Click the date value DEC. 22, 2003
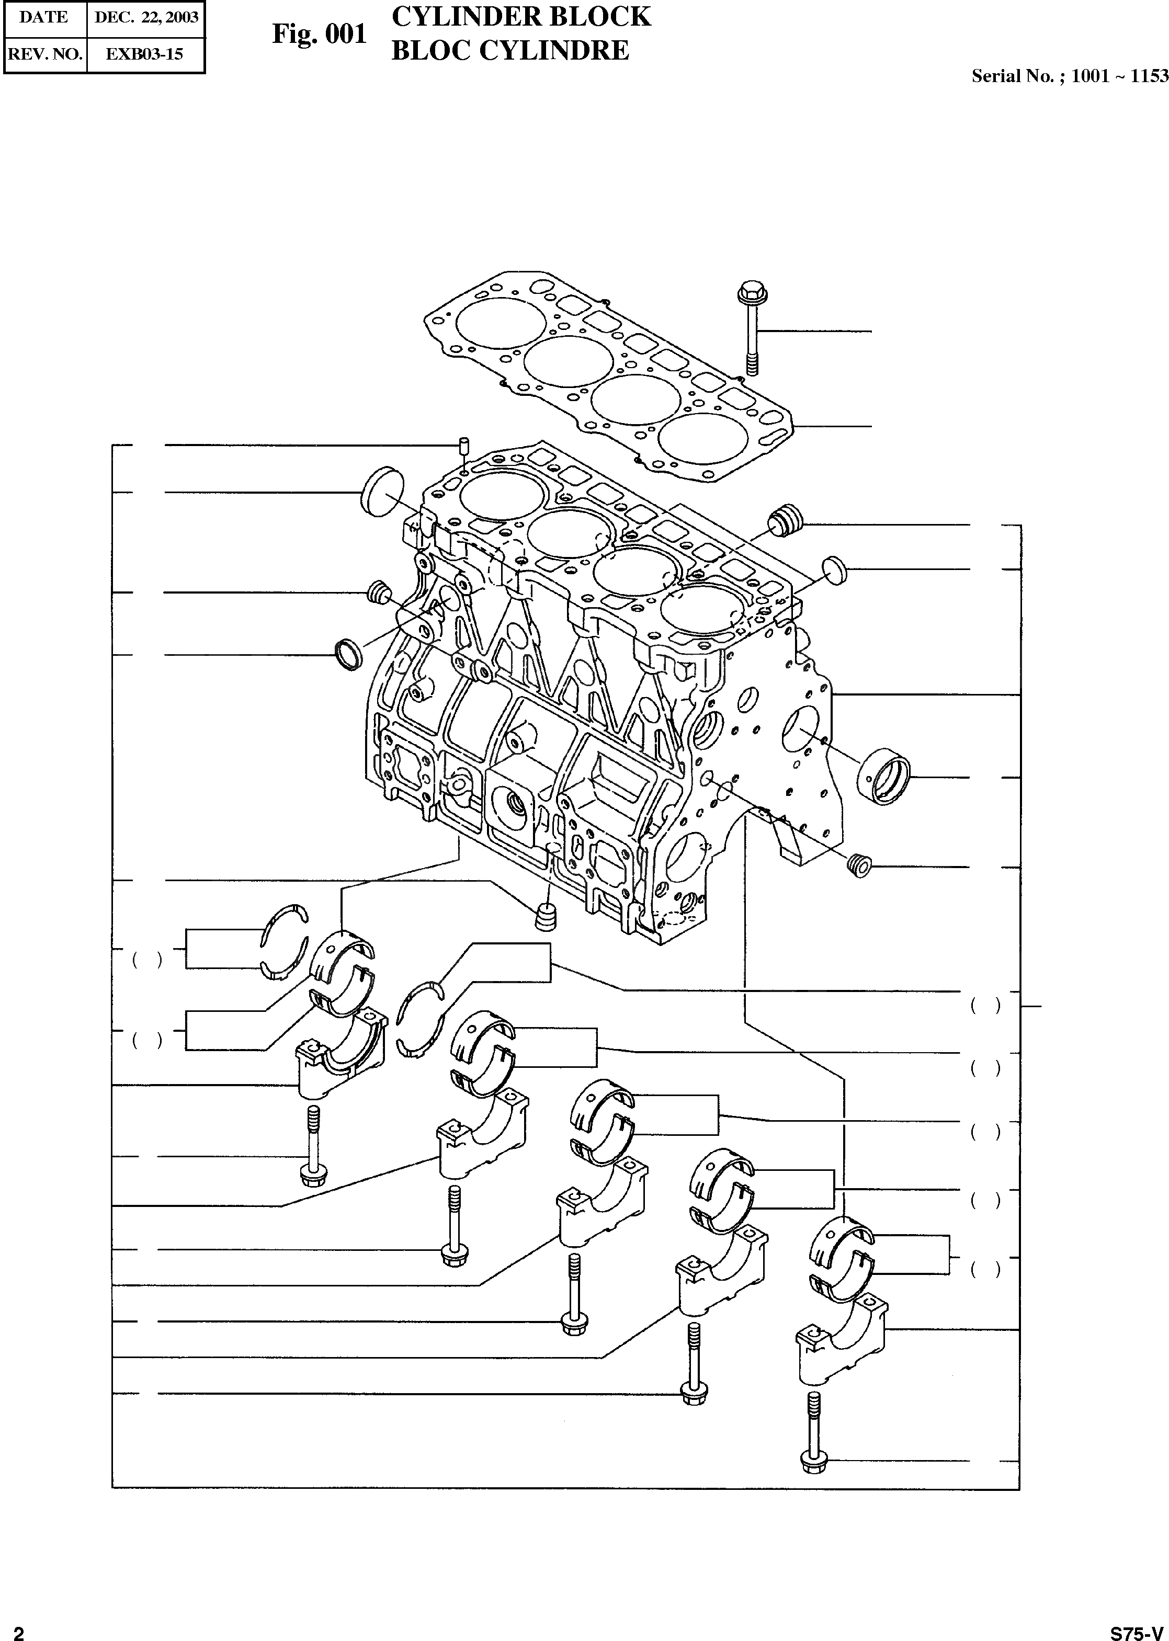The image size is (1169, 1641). point(146,18)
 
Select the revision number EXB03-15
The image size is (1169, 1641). point(145,54)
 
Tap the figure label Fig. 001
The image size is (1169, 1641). point(319,34)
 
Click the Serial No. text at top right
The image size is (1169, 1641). point(1069,76)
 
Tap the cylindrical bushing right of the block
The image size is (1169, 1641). point(884,777)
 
